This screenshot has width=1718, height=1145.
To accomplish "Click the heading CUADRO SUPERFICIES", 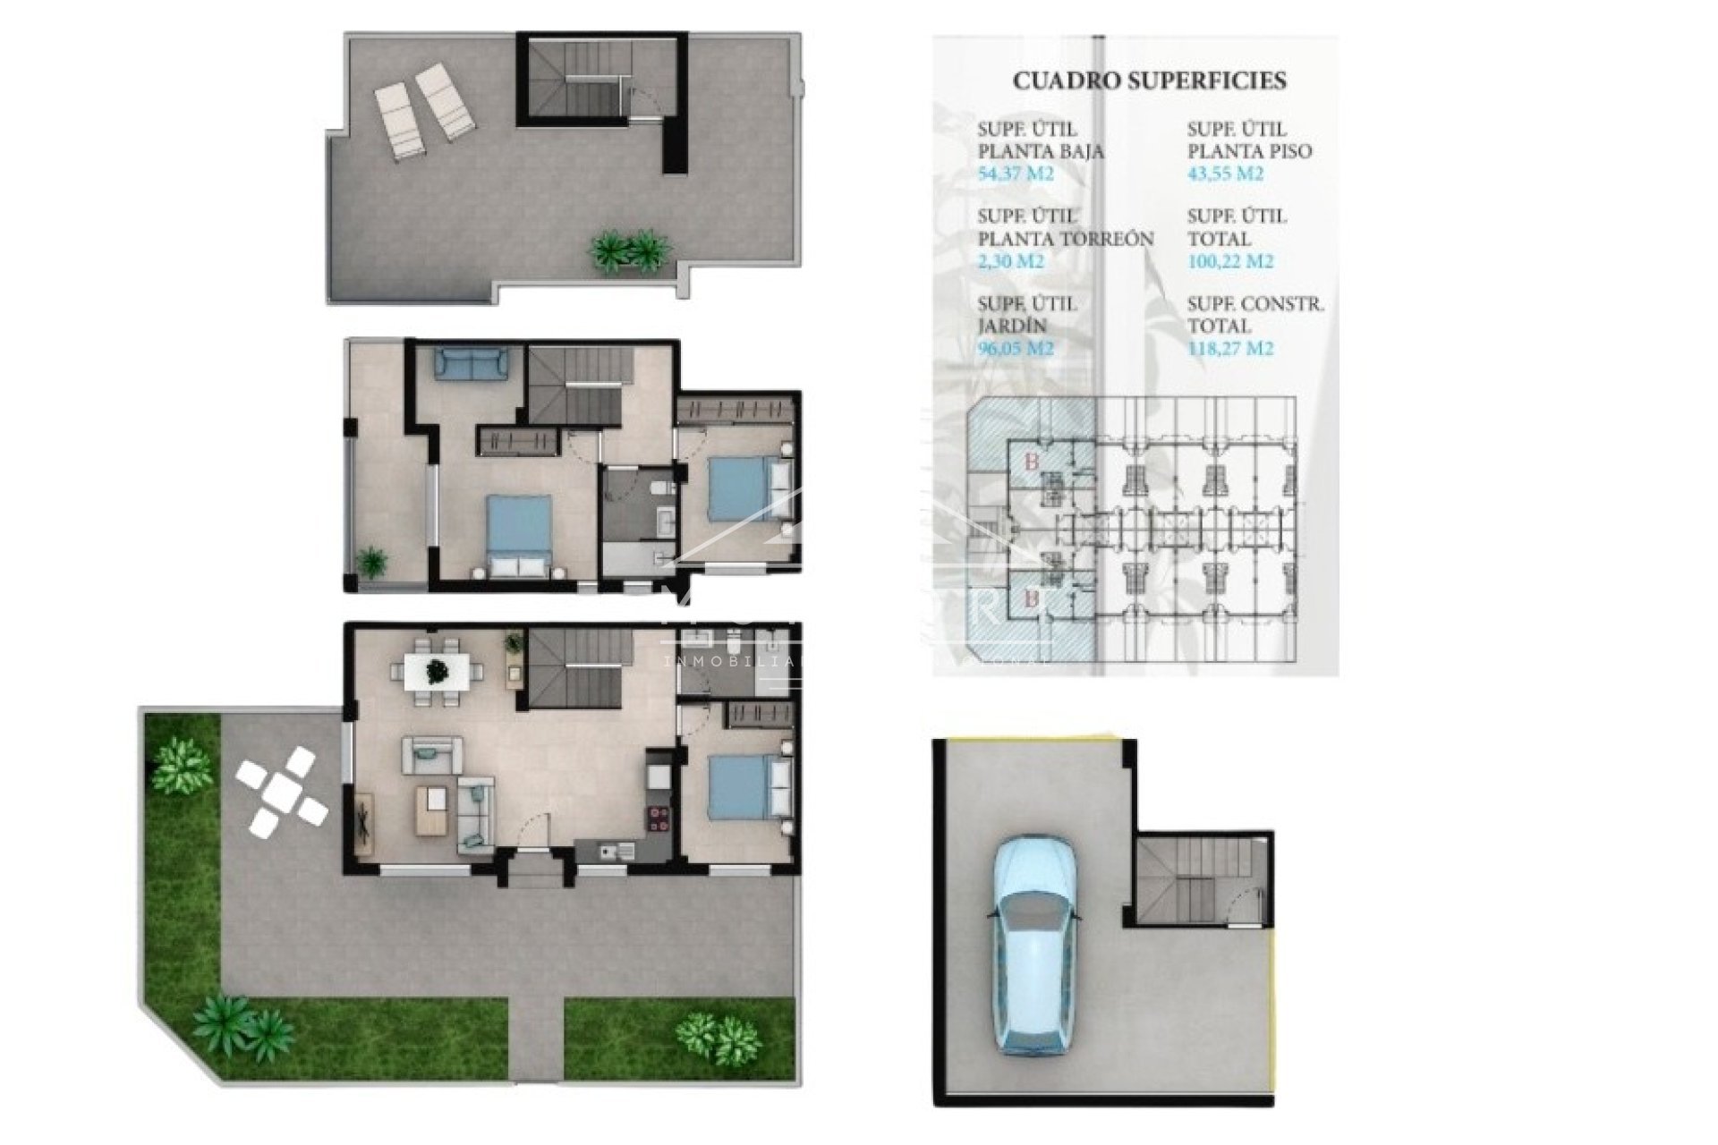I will (1149, 81).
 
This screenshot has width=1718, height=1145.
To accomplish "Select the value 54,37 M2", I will (1016, 174).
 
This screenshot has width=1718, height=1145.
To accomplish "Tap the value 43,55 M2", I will (1225, 174).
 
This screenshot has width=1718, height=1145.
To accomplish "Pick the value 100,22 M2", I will (1229, 261).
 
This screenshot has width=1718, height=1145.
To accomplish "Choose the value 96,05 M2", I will (1016, 349).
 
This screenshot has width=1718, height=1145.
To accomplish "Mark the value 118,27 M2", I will (1229, 349).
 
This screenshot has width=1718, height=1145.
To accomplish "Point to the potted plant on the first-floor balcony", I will (371, 563).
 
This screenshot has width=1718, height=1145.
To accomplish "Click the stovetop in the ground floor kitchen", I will (659, 815).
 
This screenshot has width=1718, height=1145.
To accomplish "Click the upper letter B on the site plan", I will (1032, 462).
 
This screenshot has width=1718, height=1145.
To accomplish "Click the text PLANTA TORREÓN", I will (1065, 239).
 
